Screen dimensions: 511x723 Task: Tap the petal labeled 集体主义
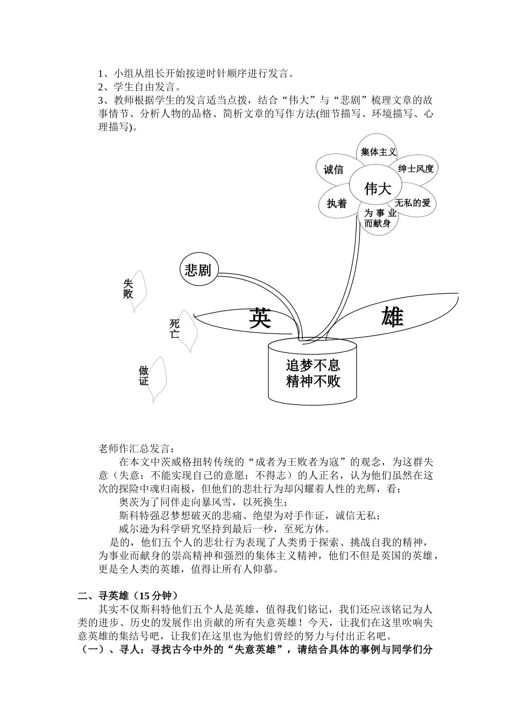click(x=378, y=152)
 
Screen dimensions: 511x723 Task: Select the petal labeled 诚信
click(x=333, y=169)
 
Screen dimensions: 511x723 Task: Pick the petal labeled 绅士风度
click(x=416, y=169)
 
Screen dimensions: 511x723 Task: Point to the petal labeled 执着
click(x=337, y=204)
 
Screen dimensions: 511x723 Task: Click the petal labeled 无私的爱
click(x=413, y=203)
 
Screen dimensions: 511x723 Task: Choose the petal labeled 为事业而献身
click(x=378, y=218)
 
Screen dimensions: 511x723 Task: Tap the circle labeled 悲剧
click(x=197, y=270)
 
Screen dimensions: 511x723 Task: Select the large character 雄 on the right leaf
click(x=392, y=318)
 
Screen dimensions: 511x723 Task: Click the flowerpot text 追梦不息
click(x=313, y=366)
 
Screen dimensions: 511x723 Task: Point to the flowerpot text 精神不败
click(x=313, y=381)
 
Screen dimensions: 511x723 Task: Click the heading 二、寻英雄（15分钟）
click(x=127, y=596)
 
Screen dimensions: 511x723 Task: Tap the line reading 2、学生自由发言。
click(x=139, y=87)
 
